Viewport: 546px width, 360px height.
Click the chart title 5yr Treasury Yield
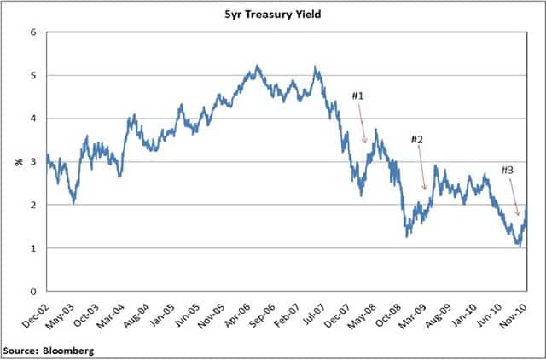point(273,14)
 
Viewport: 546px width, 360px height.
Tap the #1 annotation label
point(357,96)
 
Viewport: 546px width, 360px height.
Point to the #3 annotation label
point(507,171)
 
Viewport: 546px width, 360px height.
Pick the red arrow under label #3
point(514,198)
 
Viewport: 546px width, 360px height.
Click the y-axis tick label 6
point(33,32)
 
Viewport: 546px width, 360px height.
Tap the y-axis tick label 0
point(33,292)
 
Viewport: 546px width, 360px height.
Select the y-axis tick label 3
point(33,162)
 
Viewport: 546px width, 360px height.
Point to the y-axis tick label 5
point(33,76)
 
